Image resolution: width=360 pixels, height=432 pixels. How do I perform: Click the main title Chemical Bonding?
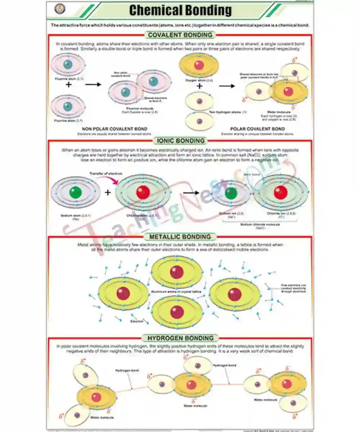coord(180,11)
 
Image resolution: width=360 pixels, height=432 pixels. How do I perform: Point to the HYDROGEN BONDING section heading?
coord(180,338)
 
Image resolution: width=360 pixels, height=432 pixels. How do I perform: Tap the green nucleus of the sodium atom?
coord(76,193)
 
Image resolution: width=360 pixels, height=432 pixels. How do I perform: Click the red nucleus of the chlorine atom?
coord(143,193)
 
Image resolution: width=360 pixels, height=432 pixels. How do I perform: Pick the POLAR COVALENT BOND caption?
coord(257,129)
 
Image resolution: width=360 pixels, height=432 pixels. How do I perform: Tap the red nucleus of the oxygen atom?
coord(199,65)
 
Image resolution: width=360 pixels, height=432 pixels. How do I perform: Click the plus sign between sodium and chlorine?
coord(107,193)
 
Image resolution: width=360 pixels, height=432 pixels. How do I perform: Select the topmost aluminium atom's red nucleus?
coord(177,272)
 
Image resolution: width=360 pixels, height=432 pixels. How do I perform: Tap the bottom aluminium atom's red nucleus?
coord(177,312)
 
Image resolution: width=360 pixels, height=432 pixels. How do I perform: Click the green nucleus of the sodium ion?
coord(231,193)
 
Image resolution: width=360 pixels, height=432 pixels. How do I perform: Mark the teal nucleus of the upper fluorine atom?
coord(68,65)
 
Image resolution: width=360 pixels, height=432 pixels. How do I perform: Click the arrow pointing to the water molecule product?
coord(227,86)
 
